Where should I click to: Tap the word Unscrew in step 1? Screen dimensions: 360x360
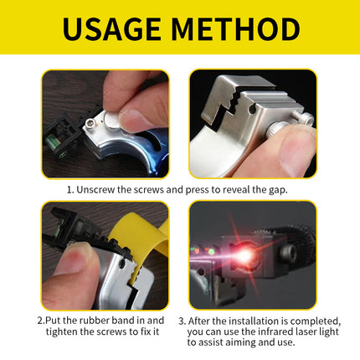95,190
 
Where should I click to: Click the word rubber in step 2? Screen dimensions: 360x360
94,320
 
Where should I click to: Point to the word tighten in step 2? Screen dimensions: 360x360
61,332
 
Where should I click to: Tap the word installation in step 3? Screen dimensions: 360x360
254,321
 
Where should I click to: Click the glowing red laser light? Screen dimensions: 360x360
244,255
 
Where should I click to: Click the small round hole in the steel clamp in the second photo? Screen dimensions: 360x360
252,110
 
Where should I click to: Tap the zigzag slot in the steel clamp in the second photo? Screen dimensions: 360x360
225,111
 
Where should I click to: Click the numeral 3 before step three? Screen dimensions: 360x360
182,321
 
